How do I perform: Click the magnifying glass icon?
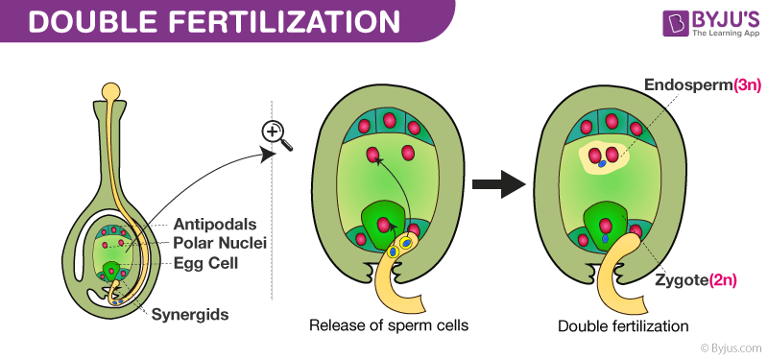click(275, 137)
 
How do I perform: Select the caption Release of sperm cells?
click(388, 325)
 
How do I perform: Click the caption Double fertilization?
click(624, 326)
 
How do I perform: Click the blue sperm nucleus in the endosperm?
click(602, 165)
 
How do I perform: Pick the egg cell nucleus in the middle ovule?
click(384, 225)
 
